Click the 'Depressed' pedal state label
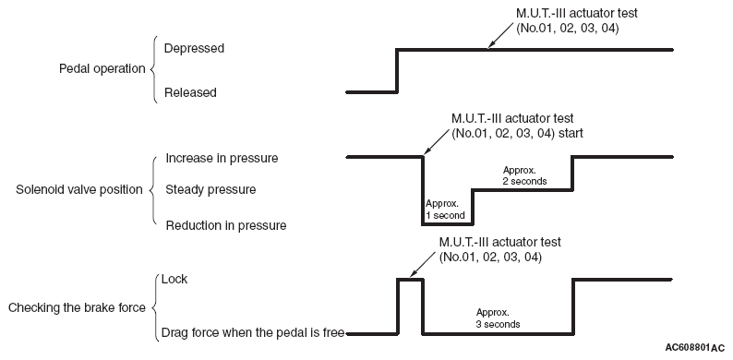tap(194, 49)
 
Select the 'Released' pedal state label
tap(190, 92)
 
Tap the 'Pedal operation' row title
tap(102, 69)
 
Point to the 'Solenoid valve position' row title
tap(79, 190)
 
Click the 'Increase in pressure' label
tap(222, 159)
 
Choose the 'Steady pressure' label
tap(210, 190)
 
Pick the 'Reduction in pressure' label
tap(226, 226)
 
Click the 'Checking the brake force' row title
tap(77, 308)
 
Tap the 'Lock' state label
tap(174, 279)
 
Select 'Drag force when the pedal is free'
tap(253, 333)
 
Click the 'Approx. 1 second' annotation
tap(445, 210)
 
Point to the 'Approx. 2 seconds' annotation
tap(524, 175)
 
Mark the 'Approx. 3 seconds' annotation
tap(498, 318)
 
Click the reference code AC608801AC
tap(694, 348)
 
